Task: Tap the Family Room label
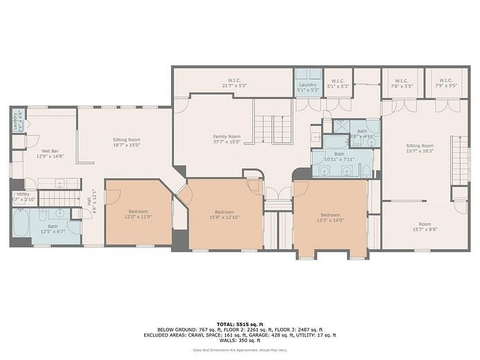pyautogui.click(x=226, y=138)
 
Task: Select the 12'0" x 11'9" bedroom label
pyautogui.click(x=139, y=214)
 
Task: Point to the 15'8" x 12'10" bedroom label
pyautogui.click(x=224, y=214)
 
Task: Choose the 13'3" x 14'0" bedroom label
pyautogui.click(x=330, y=217)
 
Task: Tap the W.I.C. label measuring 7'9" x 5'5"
pyautogui.click(x=445, y=84)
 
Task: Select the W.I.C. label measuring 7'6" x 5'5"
pyautogui.click(x=402, y=84)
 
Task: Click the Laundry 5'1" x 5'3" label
pyautogui.click(x=308, y=87)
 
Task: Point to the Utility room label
pyautogui.click(x=22, y=197)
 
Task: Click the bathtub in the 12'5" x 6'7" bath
pyautogui.click(x=20, y=224)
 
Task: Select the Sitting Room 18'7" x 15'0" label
pyautogui.click(x=126, y=143)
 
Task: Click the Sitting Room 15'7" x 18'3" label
pyautogui.click(x=419, y=148)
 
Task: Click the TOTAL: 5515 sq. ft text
pyautogui.click(x=240, y=323)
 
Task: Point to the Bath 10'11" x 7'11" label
pyautogui.click(x=339, y=156)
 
